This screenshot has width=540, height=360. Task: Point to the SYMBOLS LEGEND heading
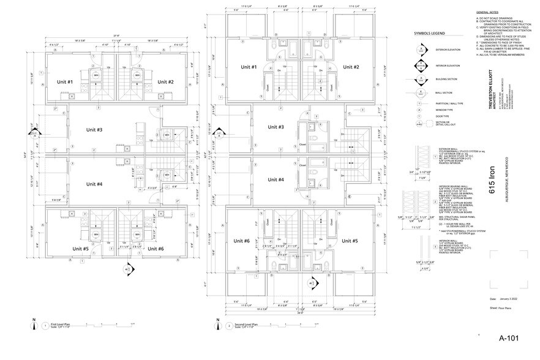point(429,34)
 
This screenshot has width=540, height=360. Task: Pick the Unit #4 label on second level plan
point(276,179)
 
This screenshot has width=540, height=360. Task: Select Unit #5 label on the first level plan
point(66,249)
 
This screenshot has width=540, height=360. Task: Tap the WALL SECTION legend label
point(441,93)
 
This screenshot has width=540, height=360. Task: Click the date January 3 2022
point(508,299)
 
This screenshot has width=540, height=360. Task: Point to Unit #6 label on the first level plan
point(156,249)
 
